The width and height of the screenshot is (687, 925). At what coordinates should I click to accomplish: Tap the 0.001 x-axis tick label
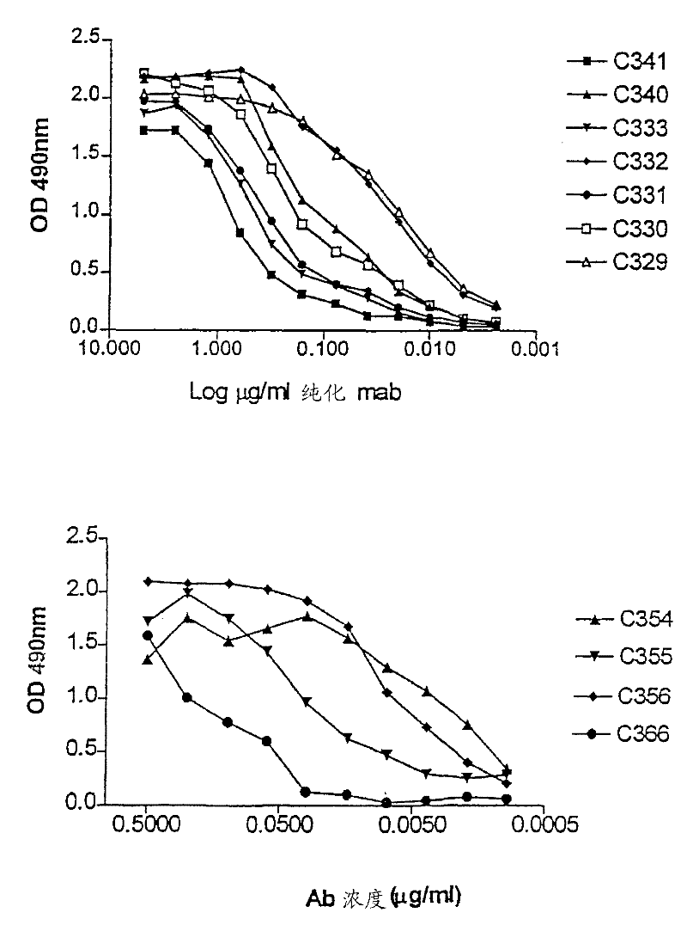(x=537, y=351)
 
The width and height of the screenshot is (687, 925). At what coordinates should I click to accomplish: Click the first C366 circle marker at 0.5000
(x=147, y=636)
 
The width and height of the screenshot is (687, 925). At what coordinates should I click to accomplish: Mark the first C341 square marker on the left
(x=143, y=130)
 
